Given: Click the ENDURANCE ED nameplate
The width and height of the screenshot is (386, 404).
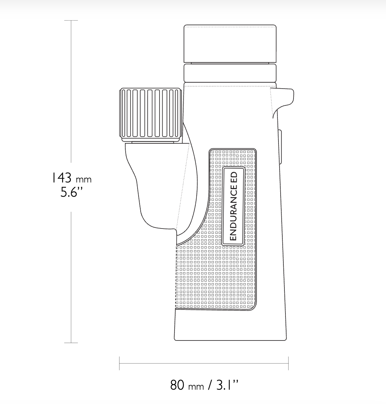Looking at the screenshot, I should click(233, 206).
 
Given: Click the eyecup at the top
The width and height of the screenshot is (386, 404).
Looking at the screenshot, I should click(230, 43).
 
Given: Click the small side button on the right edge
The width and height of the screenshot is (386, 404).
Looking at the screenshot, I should click(280, 147).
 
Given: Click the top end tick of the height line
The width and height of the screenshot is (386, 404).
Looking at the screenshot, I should click(71, 21).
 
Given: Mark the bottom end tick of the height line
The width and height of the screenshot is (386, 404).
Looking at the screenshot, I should click(71, 343).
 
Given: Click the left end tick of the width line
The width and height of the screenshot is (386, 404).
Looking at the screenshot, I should click(119, 363).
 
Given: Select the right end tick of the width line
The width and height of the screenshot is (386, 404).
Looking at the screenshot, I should click(288, 363).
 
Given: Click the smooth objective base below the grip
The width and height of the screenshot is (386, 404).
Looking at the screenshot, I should click(230, 326).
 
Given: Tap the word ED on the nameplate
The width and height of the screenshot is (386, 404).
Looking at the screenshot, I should click(234, 178).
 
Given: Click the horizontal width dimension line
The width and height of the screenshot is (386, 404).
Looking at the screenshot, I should click(204, 363).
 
